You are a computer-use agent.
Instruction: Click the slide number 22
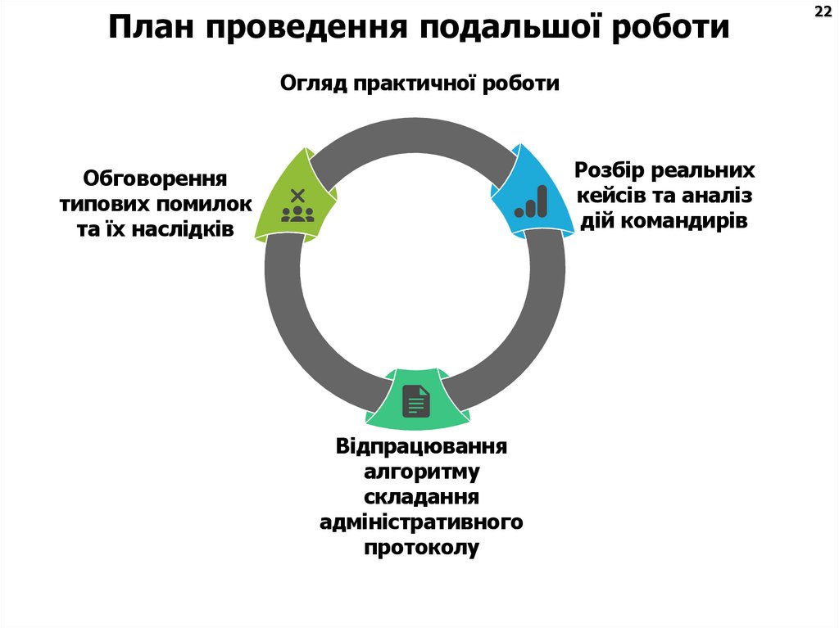click(x=822, y=11)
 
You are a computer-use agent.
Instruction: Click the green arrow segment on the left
click(x=295, y=197)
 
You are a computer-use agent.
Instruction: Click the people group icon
click(x=297, y=213)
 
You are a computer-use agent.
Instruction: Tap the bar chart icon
click(x=531, y=201)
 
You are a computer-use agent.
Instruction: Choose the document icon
click(x=416, y=401)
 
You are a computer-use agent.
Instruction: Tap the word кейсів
click(x=613, y=196)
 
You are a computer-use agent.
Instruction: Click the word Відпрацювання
click(x=421, y=448)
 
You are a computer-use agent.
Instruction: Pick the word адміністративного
click(x=421, y=522)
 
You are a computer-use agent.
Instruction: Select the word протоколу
click(x=421, y=548)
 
